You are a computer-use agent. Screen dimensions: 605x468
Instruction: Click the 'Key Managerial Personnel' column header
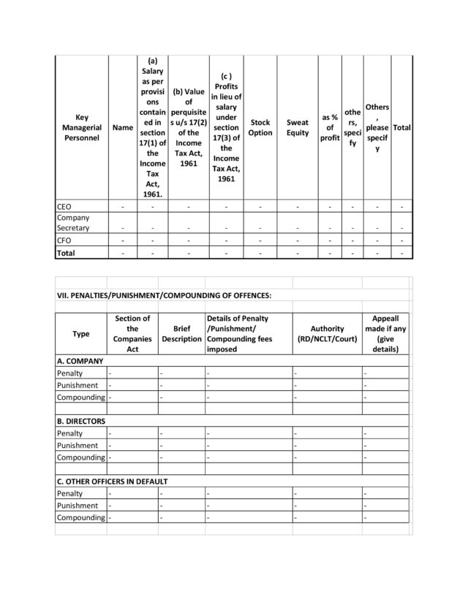tap(81, 127)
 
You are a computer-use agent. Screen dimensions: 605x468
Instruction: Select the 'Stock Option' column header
tap(260, 127)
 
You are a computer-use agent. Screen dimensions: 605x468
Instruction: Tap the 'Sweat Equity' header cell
tap(298, 127)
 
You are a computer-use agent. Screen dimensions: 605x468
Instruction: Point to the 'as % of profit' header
tap(330, 127)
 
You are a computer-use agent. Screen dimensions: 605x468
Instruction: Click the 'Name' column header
tap(123, 127)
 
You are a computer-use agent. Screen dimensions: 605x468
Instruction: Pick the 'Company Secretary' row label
tap(73, 223)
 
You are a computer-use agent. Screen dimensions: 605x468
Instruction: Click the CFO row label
tap(64, 240)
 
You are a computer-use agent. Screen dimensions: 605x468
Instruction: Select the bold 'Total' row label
tap(67, 253)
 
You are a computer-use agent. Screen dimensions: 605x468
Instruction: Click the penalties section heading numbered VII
tap(164, 295)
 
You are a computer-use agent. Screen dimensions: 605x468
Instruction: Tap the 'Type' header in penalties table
tap(81, 334)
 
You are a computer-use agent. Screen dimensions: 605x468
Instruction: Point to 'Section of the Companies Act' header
tap(132, 334)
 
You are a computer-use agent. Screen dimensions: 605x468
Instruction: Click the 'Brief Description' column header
tap(181, 334)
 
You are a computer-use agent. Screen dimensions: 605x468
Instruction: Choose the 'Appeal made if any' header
tap(385, 334)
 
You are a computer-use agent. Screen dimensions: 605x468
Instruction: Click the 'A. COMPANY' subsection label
tap(80, 361)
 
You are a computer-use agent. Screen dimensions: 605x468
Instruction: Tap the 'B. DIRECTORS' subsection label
tap(81, 421)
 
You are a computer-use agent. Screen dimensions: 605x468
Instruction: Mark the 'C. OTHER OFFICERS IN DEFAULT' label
tap(112, 482)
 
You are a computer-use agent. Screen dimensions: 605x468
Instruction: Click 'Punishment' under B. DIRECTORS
tap(78, 446)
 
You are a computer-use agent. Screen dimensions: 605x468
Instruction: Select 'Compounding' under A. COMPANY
tap(81, 397)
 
